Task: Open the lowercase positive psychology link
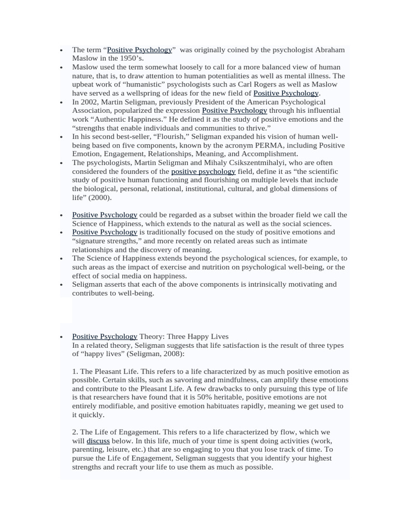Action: point(203,171)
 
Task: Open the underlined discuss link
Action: point(98,440)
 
